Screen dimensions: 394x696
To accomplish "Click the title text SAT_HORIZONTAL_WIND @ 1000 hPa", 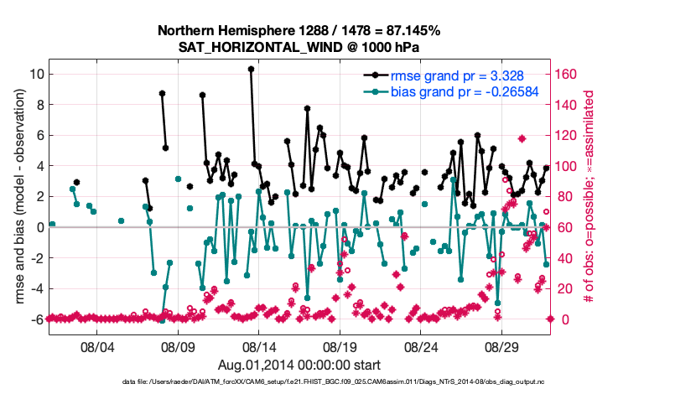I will (x=299, y=46).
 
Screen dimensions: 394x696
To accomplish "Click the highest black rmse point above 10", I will (x=251, y=70).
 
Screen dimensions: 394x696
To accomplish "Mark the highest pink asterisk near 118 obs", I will (x=522, y=138).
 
